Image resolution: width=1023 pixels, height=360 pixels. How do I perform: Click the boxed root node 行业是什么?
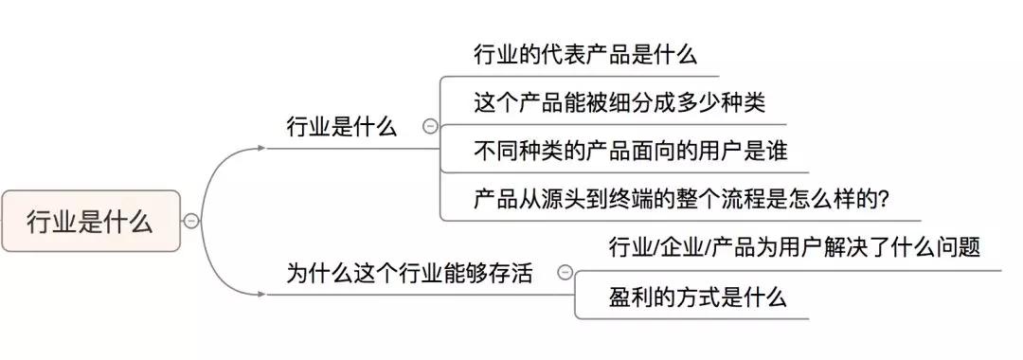pos(90,222)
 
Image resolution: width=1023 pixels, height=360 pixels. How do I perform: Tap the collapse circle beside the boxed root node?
pos(191,222)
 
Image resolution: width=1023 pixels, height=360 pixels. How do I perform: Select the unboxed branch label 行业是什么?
pos(341,127)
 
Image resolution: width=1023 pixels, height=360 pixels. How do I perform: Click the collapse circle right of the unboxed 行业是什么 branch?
pos(430,126)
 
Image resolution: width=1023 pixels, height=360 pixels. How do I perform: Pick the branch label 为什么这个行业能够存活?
pos(409,274)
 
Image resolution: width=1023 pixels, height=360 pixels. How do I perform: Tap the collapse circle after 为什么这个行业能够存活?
pos(565,273)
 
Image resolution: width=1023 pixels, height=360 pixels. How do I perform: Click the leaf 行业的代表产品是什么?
pos(585,54)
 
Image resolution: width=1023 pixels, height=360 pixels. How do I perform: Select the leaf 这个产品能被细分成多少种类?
pos(619,102)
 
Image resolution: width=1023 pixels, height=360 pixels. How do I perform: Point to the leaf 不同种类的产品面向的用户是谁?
pos(631,151)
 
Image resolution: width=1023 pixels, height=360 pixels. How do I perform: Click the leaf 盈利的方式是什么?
pos(697,297)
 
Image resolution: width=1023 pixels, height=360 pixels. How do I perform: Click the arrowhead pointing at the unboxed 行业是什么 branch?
pos(261,149)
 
